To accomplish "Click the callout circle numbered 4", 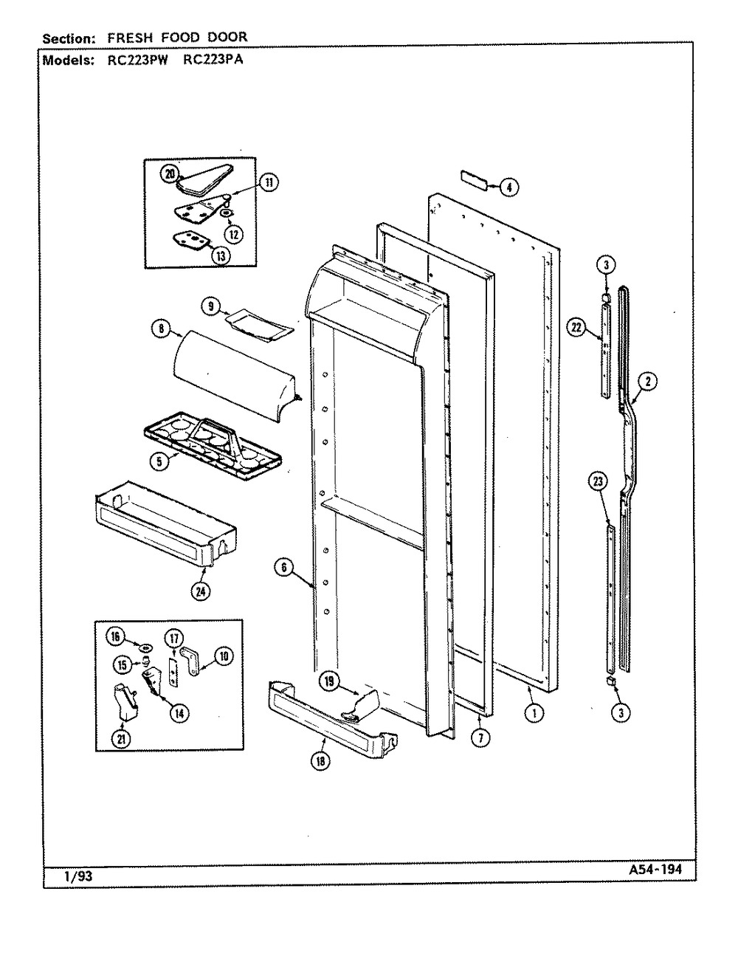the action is [x=509, y=188].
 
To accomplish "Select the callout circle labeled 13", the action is [x=221, y=255].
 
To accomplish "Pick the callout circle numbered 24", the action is [x=201, y=592].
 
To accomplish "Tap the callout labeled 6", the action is [x=284, y=568].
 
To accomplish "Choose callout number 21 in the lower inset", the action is [x=121, y=737].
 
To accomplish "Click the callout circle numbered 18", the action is [x=320, y=760].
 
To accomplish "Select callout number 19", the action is [x=329, y=681].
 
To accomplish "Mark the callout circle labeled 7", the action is [x=480, y=737].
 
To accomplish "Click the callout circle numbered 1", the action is [x=534, y=712].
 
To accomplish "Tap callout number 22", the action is [x=577, y=327].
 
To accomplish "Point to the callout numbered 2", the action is [x=648, y=382].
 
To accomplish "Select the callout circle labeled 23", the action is [x=598, y=481].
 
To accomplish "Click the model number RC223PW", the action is [x=138, y=60].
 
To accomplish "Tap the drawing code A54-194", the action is [x=656, y=870].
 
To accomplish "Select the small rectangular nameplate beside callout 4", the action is [x=474, y=180].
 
